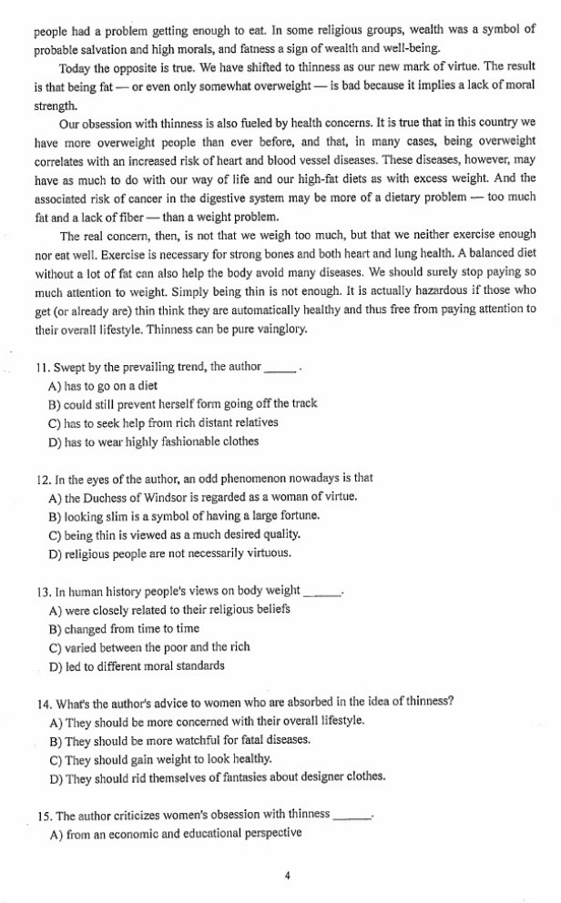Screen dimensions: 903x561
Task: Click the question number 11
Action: point(41,367)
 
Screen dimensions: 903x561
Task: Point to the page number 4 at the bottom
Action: point(287,876)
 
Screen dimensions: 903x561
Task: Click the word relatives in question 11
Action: point(252,422)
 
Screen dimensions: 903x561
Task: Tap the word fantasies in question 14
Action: point(265,776)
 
